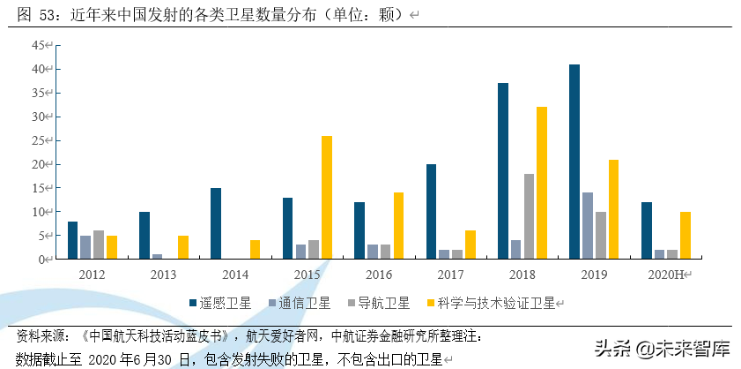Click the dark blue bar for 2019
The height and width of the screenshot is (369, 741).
pos(574,162)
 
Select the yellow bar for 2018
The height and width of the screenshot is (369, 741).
pos(542,183)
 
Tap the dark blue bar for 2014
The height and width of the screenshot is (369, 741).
pos(216,223)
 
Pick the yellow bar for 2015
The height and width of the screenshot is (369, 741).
pos(327,197)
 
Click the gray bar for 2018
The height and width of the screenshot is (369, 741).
pos(529,216)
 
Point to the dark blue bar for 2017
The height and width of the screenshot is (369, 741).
pos(432,212)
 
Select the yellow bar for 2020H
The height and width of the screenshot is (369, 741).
pos(685,235)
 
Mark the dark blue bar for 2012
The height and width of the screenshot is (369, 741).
pos(72,240)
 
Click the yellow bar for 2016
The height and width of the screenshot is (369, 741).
pos(398,225)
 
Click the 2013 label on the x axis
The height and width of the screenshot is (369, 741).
pos(164,275)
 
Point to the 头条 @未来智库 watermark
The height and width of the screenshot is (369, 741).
pos(663,348)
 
